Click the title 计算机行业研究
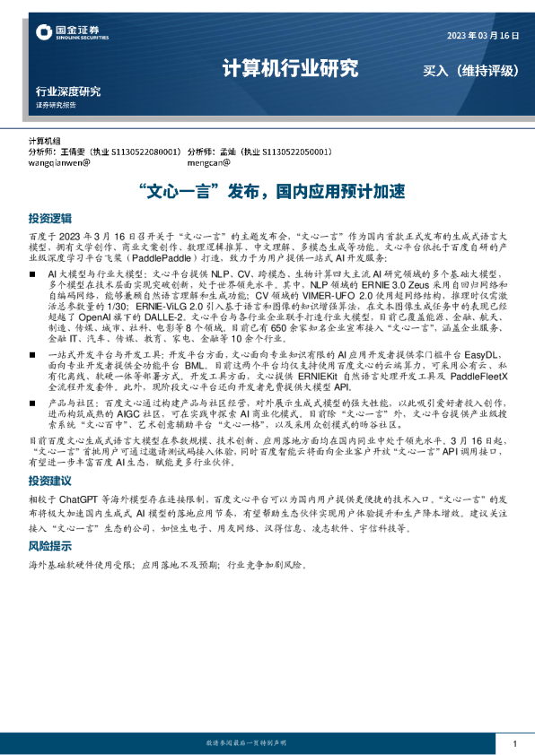290,69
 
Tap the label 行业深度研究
68,91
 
